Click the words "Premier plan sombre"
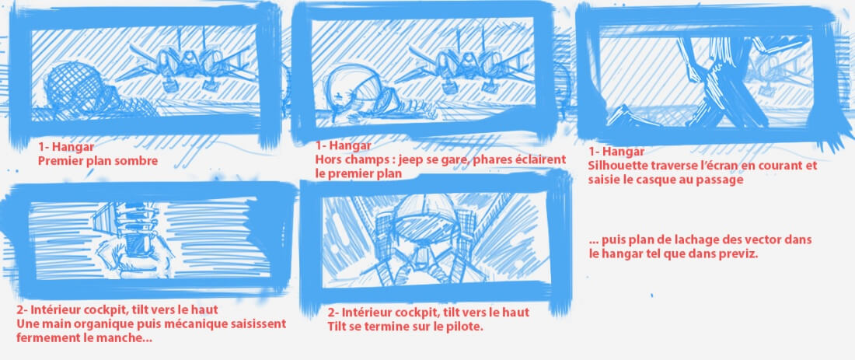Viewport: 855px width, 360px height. pyautogui.click(x=98, y=161)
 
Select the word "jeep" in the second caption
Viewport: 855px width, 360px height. pyautogui.click(x=411, y=160)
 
